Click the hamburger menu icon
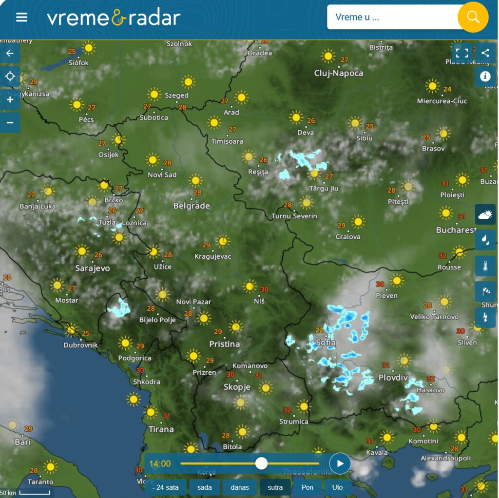tap(21, 18)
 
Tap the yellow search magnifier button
tap(473, 17)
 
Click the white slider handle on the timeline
tap(262, 463)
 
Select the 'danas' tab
tap(239, 487)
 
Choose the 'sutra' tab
tap(275, 487)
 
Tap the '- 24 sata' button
tap(166, 487)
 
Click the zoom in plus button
tap(10, 99)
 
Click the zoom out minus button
tap(10, 122)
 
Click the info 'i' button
tap(485, 77)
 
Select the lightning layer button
tap(485, 317)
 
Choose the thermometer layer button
tap(485, 266)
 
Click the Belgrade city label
tap(192, 206)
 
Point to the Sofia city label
tap(326, 343)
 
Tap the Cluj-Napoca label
tap(339, 73)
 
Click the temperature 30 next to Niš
tap(265, 289)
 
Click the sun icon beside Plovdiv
tap(403, 361)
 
